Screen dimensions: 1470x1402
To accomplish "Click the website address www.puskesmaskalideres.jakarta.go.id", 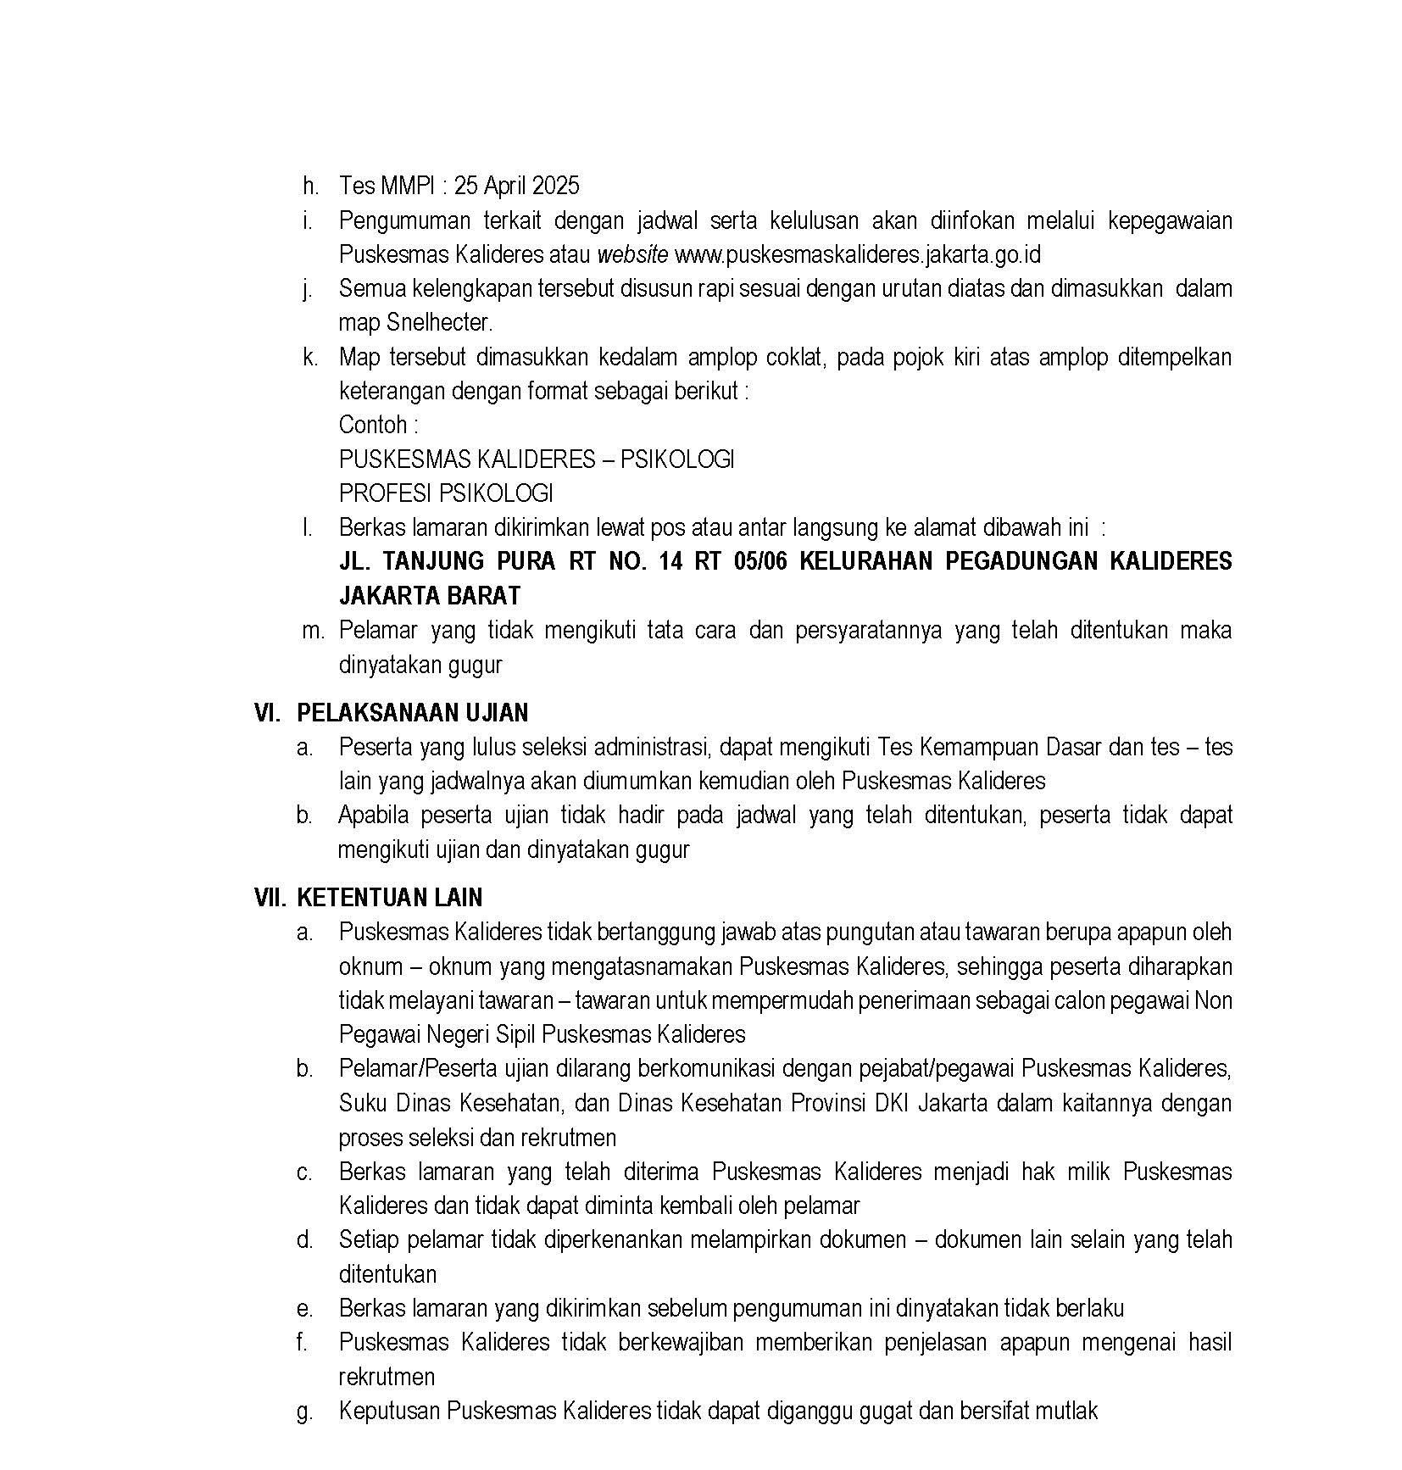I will pos(857,254).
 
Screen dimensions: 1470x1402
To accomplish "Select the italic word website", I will pos(633,254).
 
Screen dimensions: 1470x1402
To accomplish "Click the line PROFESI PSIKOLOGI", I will pos(446,493).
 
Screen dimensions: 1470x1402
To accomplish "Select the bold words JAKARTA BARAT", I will pos(430,596).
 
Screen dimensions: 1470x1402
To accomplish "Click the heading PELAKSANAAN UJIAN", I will pos(413,713).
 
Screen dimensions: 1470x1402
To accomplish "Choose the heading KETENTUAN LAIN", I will pos(390,898).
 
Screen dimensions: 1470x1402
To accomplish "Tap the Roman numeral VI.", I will pos(267,713).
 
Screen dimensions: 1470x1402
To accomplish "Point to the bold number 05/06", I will pos(759,562).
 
